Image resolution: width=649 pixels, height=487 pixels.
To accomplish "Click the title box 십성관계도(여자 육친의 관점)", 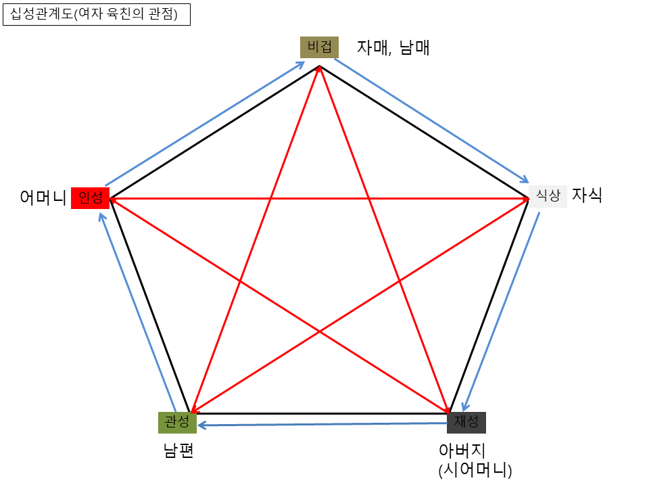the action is (97, 15).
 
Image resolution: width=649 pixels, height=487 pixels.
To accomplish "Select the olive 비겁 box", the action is (319, 47).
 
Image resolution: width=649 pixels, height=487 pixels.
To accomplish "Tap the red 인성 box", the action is (90, 198).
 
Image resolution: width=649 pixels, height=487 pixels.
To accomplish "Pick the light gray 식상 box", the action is (548, 195).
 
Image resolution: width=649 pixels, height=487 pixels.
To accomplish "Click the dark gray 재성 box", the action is (466, 422).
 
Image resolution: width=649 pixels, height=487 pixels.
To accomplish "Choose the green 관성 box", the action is (178, 423).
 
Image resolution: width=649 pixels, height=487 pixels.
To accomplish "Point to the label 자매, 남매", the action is (393, 48).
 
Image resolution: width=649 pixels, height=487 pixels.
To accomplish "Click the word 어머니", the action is (43, 198).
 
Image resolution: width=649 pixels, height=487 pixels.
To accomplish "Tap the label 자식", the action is (587, 195).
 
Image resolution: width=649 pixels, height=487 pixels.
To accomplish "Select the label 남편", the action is (178, 450).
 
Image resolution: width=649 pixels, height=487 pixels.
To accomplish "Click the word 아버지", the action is (462, 450).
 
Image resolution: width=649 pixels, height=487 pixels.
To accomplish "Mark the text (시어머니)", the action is (475, 469).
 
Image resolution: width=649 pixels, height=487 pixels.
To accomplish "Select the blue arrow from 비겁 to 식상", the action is (432, 121).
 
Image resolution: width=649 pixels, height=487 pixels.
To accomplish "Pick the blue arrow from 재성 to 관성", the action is (324, 424).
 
